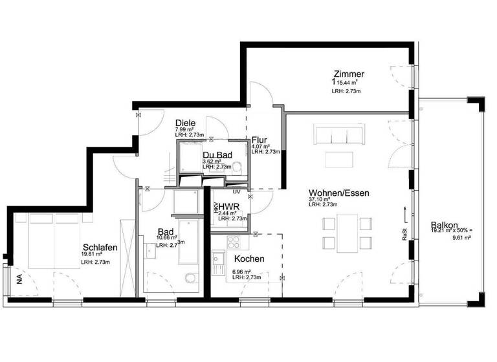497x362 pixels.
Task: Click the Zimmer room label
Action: (349, 74)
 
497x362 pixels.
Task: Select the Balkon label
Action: (444, 225)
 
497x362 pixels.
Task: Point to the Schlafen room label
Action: (100, 247)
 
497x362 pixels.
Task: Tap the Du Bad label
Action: (217, 156)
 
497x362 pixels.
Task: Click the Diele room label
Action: (186, 122)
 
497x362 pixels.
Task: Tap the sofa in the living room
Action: (336, 135)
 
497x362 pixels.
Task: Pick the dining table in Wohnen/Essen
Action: (347, 233)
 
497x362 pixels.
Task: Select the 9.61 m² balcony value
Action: (459, 238)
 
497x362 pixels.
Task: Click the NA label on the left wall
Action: (18, 279)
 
